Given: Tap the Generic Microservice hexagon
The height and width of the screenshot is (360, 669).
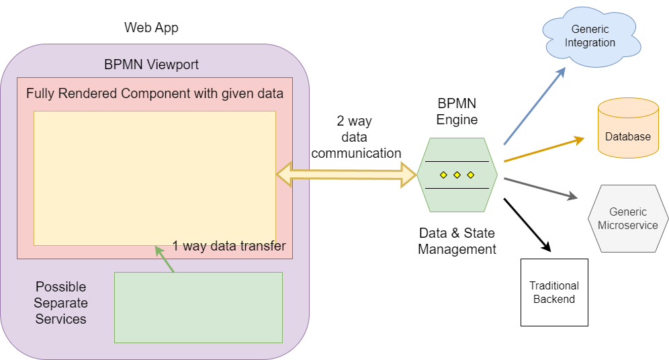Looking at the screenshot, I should tap(627, 218).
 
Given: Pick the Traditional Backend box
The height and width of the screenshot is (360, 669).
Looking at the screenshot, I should tap(554, 292).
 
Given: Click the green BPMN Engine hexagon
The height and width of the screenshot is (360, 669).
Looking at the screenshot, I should tap(457, 175).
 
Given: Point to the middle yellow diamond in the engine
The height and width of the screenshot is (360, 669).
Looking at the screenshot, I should tap(457, 175).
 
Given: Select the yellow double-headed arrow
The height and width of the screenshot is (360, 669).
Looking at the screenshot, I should tap(347, 175).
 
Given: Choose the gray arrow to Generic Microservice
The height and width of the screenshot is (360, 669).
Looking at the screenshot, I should tap(541, 189).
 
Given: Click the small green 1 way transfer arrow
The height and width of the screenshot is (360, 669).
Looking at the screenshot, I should tap(165, 259).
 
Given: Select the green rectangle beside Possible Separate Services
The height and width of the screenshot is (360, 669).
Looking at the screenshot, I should tap(198, 307).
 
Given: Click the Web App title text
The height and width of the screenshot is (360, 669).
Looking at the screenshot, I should tap(151, 28).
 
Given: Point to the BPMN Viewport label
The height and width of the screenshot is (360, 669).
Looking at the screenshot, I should tap(151, 65).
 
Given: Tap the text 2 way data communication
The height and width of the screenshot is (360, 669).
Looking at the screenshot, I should tap(356, 138).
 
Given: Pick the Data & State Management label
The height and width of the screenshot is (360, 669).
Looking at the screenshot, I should tap(457, 241).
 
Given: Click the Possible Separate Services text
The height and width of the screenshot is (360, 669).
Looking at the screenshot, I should tap(60, 303).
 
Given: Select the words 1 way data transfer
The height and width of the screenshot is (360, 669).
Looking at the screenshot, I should tap(228, 246).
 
